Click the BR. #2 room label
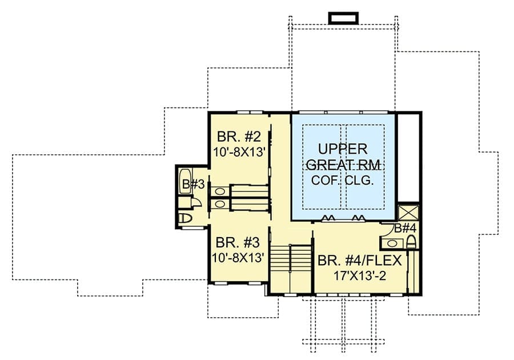pyautogui.click(x=239, y=136)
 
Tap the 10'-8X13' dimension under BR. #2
pyautogui.click(x=239, y=152)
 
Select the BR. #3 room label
pyautogui.click(x=238, y=243)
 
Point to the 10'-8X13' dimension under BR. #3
pyautogui.click(x=238, y=258)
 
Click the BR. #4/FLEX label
pyautogui.click(x=360, y=261)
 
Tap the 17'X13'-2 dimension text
pyautogui.click(x=360, y=276)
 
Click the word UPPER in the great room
pyautogui.click(x=343, y=149)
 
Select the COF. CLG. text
pyautogui.click(x=343, y=181)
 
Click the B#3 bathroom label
pyautogui.click(x=194, y=185)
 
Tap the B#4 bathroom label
pyautogui.click(x=405, y=228)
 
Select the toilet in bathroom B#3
pyautogui.click(x=185, y=218)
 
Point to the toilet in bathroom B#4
pyautogui.click(x=411, y=243)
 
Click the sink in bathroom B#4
pyautogui.click(x=392, y=243)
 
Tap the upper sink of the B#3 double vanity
pyautogui.click(x=220, y=191)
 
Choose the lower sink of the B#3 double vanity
pyautogui.click(x=220, y=204)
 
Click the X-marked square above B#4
pyautogui.click(x=408, y=213)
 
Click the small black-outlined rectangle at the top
pyautogui.click(x=343, y=18)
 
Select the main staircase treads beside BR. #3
pyautogui.click(x=291, y=258)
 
